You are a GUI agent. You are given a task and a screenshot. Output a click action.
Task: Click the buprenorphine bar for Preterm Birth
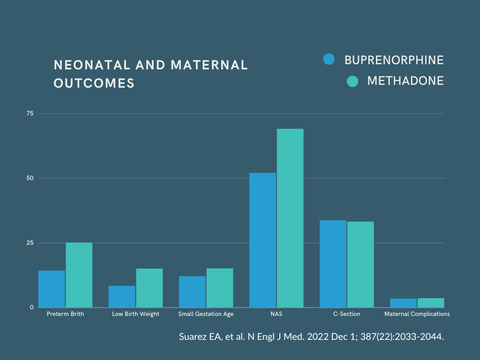click(x=52, y=289)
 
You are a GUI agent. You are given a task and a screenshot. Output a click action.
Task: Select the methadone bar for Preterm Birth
click(x=79, y=275)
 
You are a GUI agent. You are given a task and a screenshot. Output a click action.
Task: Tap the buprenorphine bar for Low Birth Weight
click(x=122, y=296)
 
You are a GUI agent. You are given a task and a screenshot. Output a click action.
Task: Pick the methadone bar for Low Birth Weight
click(x=149, y=288)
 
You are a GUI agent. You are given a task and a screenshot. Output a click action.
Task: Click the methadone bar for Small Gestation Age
click(x=219, y=288)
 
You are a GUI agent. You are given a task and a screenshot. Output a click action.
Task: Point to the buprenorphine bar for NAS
click(x=262, y=240)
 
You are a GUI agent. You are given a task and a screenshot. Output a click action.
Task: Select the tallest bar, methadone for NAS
click(x=290, y=218)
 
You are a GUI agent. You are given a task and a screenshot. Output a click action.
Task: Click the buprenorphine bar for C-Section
click(x=333, y=263)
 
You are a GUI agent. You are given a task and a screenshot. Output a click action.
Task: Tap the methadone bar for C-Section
click(x=360, y=264)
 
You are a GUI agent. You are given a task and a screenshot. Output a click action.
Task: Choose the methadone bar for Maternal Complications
click(x=430, y=303)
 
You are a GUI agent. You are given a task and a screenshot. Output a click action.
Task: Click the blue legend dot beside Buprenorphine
click(x=329, y=60)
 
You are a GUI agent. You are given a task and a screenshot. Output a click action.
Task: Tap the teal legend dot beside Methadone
click(x=352, y=81)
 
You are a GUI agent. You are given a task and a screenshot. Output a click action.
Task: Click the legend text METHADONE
click(x=405, y=81)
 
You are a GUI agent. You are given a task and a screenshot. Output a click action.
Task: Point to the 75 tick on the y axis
click(x=30, y=113)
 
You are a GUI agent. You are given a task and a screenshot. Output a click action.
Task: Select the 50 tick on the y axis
click(x=30, y=178)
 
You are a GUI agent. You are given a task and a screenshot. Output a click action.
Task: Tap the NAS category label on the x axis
click(x=276, y=314)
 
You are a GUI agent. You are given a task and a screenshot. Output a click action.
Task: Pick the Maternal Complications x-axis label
click(x=417, y=314)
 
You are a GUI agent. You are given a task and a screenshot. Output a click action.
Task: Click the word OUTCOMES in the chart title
click(x=94, y=83)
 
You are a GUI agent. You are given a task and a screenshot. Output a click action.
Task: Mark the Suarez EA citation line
click(x=311, y=337)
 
